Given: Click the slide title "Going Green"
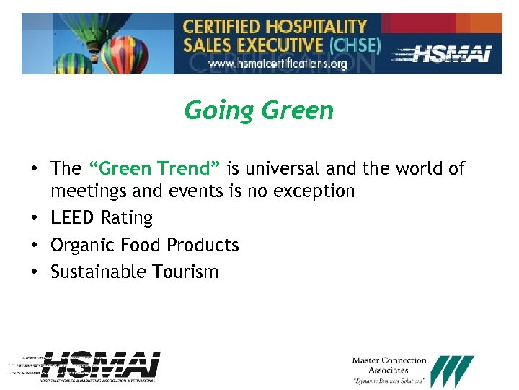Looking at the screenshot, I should coord(259,111).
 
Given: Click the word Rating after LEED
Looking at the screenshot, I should coord(127,218).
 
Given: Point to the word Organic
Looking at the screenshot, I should coord(81,246).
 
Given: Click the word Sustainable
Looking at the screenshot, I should coord(98,272).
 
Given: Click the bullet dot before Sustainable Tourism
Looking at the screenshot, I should coord(34,273).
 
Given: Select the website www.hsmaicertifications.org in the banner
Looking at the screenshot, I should coord(278,64).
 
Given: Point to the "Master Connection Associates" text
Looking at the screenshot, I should coord(389,365).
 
